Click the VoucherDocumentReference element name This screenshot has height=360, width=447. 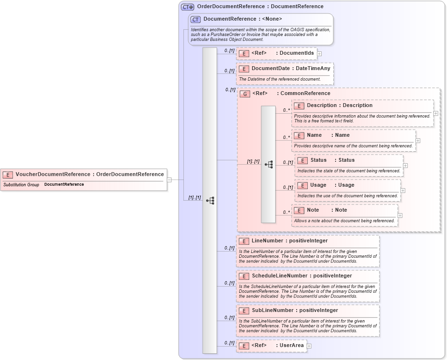coord(53,174)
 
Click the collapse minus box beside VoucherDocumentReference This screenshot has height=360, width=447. coord(169,180)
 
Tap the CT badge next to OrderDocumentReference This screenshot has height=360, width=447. coord(187,7)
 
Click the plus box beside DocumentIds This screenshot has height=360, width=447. coord(319,54)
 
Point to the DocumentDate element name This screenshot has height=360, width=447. coord(270,69)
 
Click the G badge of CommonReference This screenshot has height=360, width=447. coord(245,94)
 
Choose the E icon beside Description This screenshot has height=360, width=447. coord(299,106)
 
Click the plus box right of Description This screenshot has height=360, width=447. coord(435,113)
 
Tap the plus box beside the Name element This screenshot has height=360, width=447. coord(418,141)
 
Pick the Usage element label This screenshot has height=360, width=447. coord(318,185)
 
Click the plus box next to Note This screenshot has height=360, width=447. coord(400,216)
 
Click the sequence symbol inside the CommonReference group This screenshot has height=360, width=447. coord(268,164)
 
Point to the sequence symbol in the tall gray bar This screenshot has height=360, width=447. coord(210,201)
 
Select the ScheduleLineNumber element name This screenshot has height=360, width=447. coord(279,276)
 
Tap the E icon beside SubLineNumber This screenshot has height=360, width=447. coord(244,311)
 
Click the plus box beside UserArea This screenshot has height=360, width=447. coord(309,346)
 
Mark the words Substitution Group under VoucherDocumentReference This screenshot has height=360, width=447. coord(21,185)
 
